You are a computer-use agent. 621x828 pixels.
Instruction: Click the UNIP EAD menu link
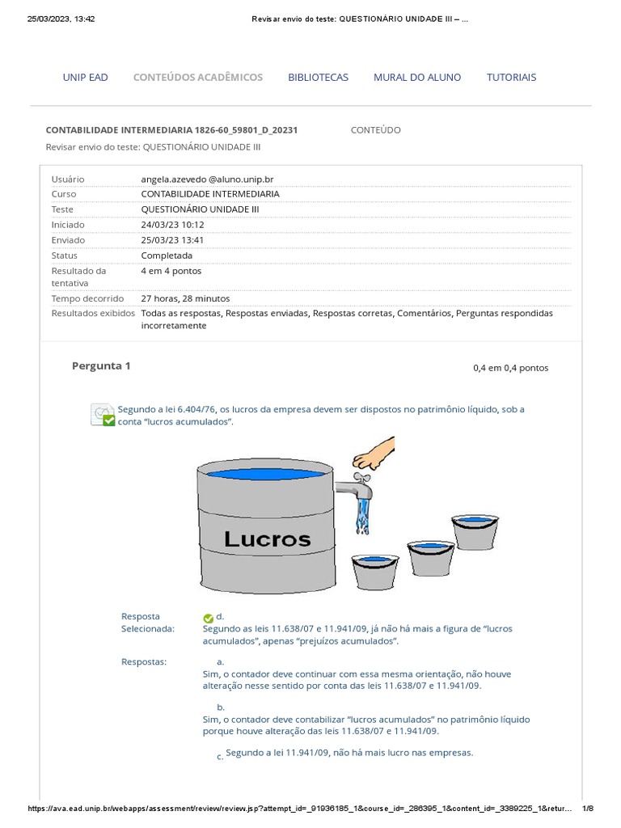pyautogui.click(x=85, y=78)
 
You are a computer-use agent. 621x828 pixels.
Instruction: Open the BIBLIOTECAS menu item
pyautogui.click(x=318, y=78)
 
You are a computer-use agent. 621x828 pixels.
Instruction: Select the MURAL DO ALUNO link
pyautogui.click(x=417, y=78)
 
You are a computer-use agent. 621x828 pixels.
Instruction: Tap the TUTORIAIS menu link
pyautogui.click(x=511, y=78)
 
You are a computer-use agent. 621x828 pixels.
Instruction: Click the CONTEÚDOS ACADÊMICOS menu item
pyautogui.click(x=197, y=78)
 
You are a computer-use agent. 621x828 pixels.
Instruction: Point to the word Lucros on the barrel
pyautogui.click(x=267, y=539)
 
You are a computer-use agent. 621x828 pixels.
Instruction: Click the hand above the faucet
pyautogui.click(x=374, y=454)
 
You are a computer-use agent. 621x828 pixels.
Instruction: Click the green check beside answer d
pyautogui.click(x=208, y=618)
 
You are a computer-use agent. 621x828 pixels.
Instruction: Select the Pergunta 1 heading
pyautogui.click(x=101, y=366)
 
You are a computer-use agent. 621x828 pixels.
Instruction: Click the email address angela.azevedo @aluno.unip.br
pyautogui.click(x=213, y=179)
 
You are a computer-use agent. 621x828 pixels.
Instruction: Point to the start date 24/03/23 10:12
pyautogui.click(x=172, y=225)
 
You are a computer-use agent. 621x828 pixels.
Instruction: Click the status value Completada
pyautogui.click(x=167, y=256)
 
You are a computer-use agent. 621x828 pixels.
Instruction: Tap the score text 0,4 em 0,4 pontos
pyautogui.click(x=510, y=368)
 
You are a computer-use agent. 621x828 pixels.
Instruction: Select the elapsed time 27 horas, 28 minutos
pyautogui.click(x=185, y=298)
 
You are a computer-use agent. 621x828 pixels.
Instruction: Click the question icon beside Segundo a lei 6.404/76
pyautogui.click(x=103, y=415)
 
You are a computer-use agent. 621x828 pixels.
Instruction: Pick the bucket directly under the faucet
pyautogui.click(x=375, y=569)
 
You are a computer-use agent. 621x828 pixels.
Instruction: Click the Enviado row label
pyautogui.click(x=68, y=240)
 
